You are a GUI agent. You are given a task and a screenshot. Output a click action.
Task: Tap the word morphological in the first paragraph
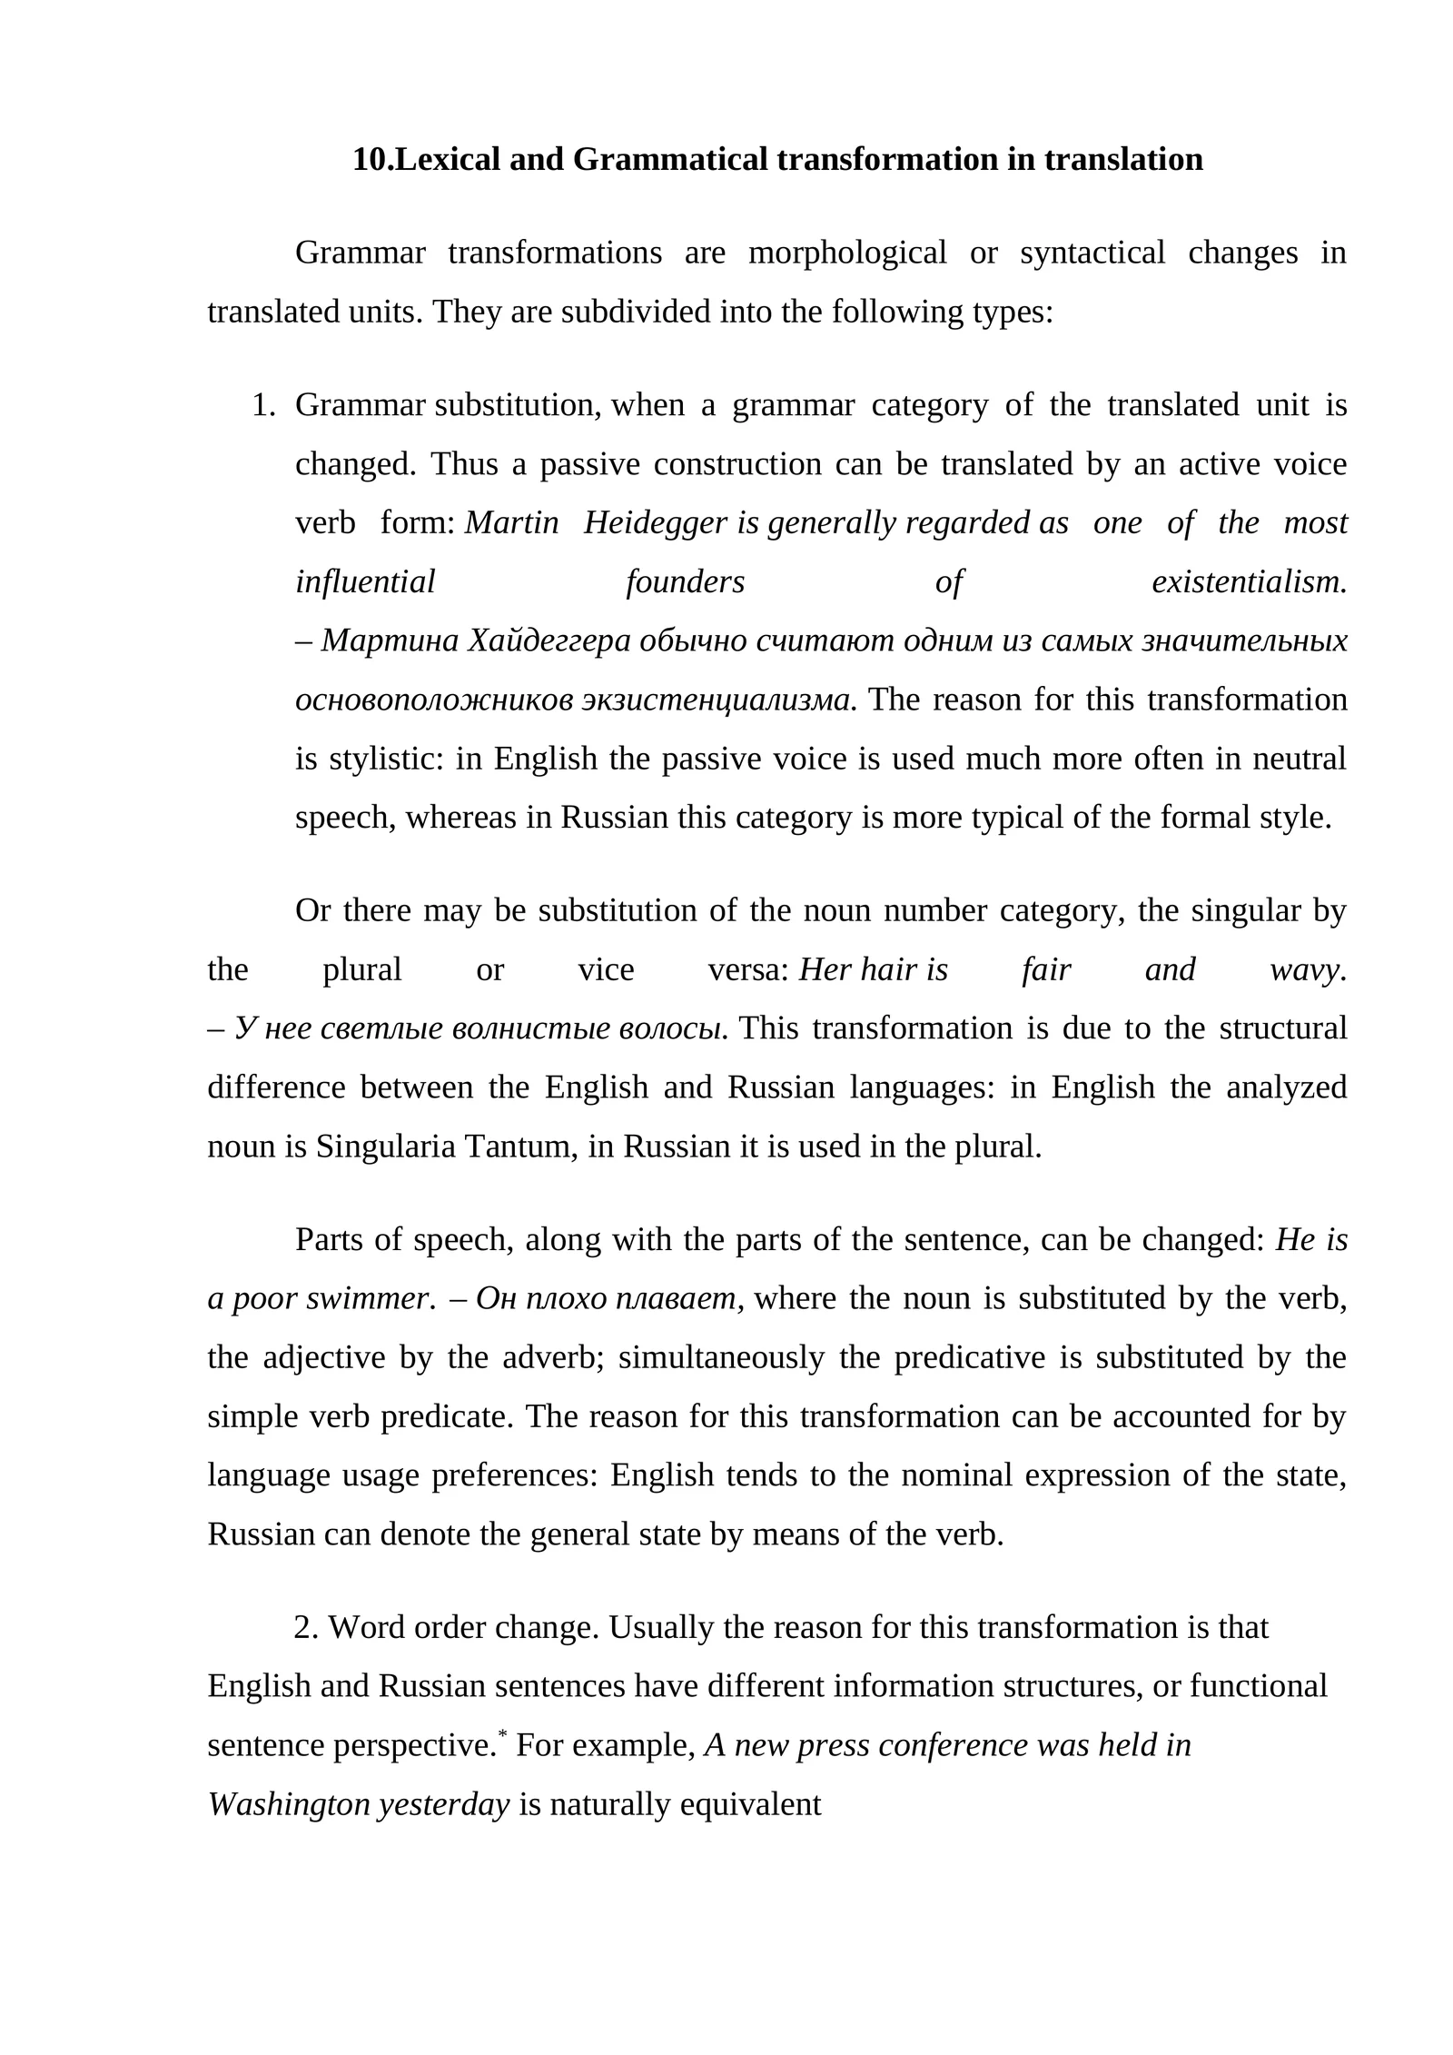846,253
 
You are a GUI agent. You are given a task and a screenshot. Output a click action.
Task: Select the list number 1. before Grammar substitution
263,405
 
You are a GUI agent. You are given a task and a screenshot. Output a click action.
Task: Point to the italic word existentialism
1248,582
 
